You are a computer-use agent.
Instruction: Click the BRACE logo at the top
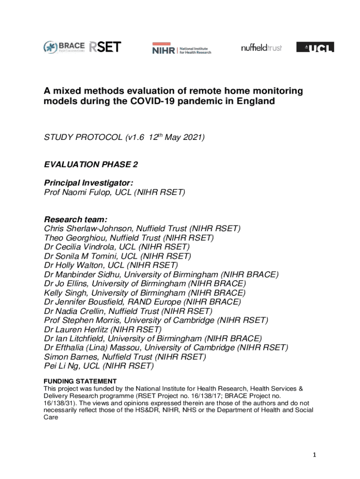coord(64,47)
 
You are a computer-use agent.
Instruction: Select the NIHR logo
coord(181,49)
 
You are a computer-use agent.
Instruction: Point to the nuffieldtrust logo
coord(261,48)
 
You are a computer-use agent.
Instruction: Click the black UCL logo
coord(315,47)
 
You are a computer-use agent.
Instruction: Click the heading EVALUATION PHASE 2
coord(91,164)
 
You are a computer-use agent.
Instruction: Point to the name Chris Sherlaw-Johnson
coord(89,229)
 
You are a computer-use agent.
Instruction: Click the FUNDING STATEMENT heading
coord(80,381)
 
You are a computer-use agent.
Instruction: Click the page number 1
coord(315,455)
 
